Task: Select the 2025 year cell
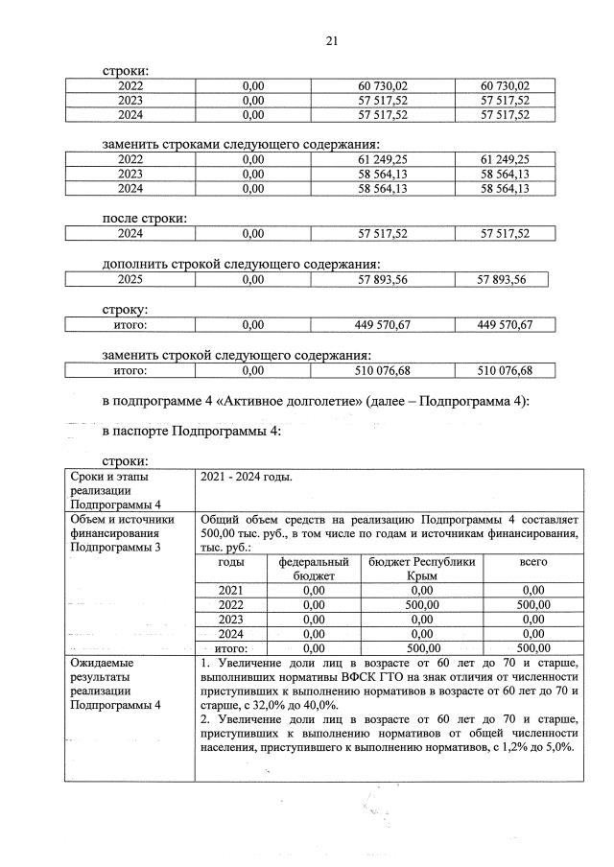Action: [x=130, y=279]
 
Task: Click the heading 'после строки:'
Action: [x=144, y=218]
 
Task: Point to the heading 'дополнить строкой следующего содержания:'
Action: [x=241, y=264]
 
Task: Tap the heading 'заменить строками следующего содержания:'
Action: [x=241, y=144]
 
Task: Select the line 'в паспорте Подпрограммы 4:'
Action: [x=191, y=432]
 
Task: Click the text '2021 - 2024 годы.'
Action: [x=248, y=477]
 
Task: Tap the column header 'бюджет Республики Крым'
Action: [x=422, y=568]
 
